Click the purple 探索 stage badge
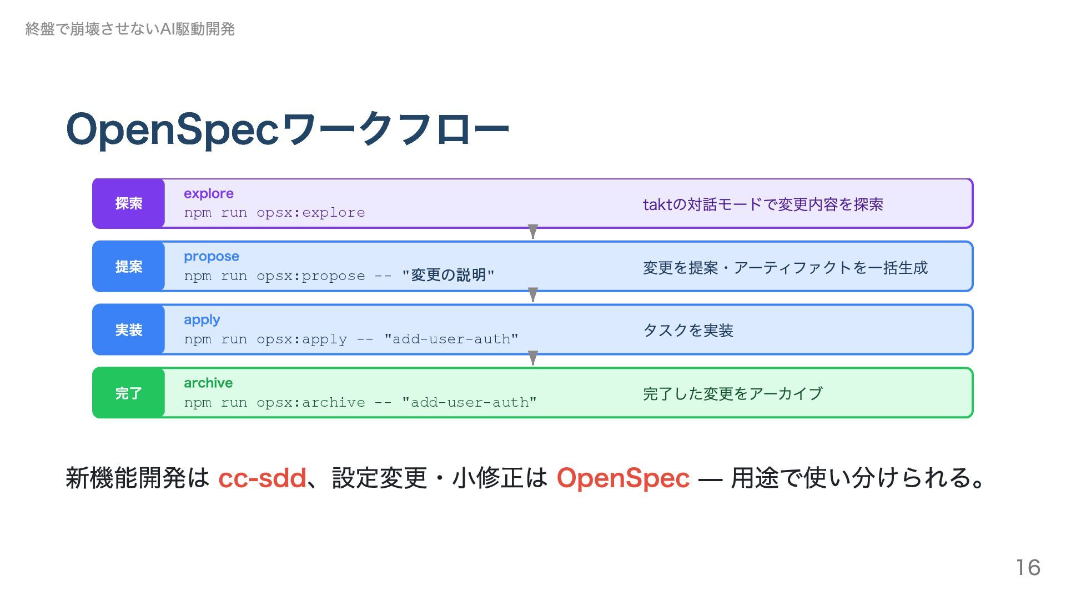129,204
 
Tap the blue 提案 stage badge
129,267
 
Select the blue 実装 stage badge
129,330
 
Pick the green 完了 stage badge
129,393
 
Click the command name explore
209,194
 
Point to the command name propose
212,257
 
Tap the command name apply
202,320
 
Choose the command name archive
208,383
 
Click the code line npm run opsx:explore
274,213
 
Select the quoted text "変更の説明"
448,276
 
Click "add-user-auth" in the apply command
451,339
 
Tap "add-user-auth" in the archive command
470,402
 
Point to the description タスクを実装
688,331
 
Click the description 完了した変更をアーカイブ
732,394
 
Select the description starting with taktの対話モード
763,205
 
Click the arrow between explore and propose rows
533,232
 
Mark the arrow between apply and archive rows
533,358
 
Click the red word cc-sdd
262,478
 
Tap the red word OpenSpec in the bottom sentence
623,478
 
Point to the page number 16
1028,568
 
